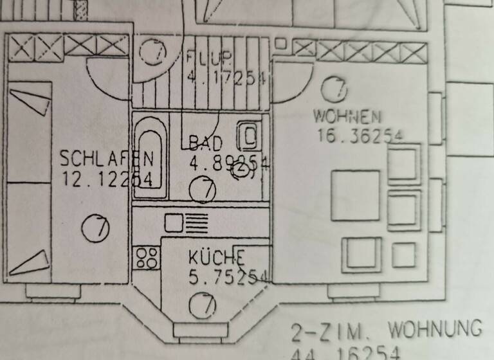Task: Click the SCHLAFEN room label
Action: coord(107,158)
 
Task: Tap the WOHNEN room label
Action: coord(347,117)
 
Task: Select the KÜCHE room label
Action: coord(217,258)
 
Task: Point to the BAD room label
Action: coord(205,143)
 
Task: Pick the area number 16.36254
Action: coord(360,136)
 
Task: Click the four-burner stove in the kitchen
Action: coord(147,258)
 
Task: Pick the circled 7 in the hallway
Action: coord(154,51)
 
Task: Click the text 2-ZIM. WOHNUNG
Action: coord(386,330)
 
